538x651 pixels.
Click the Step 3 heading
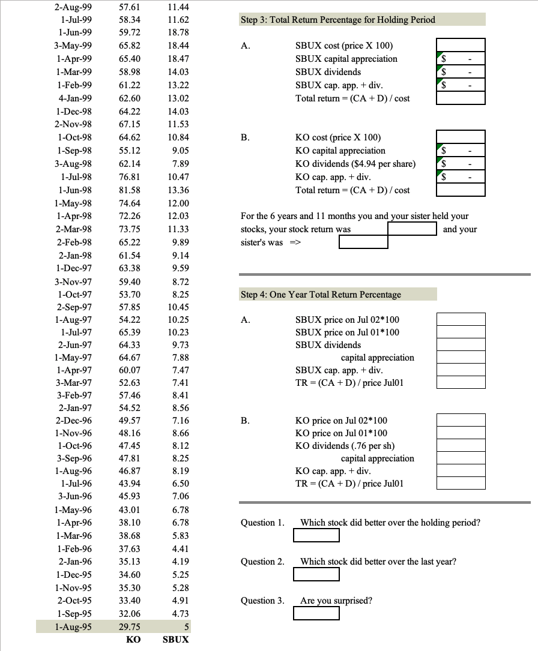[337, 20]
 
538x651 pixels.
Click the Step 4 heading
[321, 295]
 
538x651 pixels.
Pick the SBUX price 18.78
[178, 32]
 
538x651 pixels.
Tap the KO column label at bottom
[133, 640]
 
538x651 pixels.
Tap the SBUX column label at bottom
[176, 640]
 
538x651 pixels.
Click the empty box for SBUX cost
[461, 46]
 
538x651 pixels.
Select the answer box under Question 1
[316, 535]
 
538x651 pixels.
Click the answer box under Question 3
[316, 613]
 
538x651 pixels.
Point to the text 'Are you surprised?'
[336, 601]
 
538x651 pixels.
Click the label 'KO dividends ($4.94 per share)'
[355, 164]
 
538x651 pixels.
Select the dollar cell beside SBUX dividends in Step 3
[461, 72]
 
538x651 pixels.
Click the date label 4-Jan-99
[75, 98]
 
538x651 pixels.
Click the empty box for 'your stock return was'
[412, 229]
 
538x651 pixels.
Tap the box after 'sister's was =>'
[363, 242]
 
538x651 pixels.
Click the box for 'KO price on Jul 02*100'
[461, 421]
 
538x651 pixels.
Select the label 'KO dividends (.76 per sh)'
[345, 446]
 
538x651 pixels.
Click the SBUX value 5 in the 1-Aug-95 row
[186, 626]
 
